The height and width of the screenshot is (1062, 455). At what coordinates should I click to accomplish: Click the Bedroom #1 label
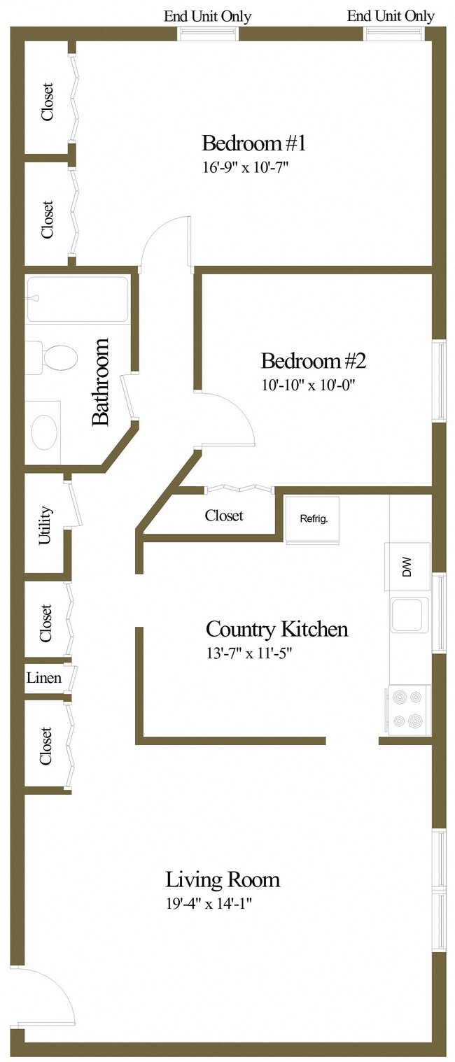click(x=253, y=143)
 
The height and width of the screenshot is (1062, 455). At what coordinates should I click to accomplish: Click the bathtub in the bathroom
click(x=77, y=299)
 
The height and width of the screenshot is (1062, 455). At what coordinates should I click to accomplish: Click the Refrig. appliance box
click(x=312, y=520)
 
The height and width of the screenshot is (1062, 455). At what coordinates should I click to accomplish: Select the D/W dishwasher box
click(x=407, y=566)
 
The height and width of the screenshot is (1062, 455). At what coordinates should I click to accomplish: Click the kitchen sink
click(x=409, y=615)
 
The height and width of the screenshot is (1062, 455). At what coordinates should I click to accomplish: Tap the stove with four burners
click(x=409, y=709)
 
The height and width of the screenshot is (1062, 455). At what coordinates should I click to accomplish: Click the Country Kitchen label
click(x=276, y=629)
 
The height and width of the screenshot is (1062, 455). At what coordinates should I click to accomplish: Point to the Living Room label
click(x=223, y=879)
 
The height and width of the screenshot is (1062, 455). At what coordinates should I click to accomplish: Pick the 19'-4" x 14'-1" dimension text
click(x=208, y=903)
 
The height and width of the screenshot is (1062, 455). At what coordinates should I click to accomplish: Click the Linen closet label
click(x=43, y=678)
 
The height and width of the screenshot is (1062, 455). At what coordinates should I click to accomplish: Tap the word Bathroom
click(x=101, y=382)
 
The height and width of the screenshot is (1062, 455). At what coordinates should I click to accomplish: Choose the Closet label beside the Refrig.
click(x=224, y=516)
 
